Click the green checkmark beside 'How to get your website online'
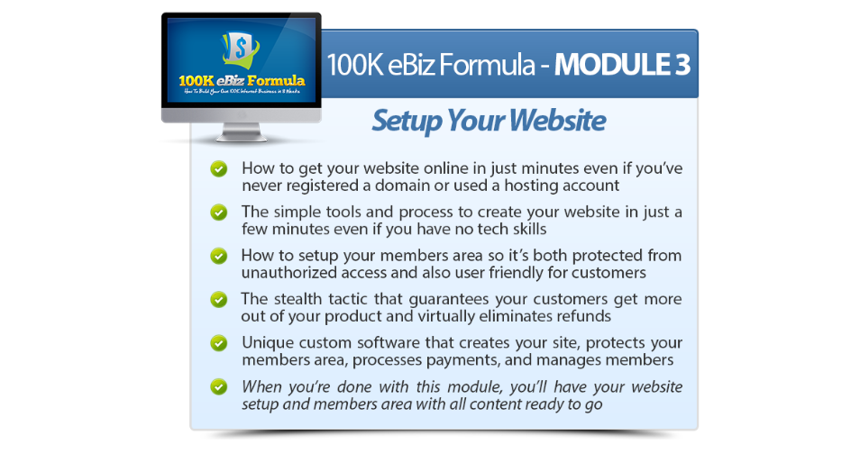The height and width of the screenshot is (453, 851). point(219,168)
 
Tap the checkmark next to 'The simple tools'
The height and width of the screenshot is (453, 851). point(219,213)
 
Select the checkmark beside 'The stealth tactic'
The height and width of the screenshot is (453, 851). point(219,299)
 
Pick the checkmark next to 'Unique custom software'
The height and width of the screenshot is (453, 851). point(219,343)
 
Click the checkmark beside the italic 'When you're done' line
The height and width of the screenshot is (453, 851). point(219,386)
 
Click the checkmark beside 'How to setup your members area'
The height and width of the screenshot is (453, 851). point(219,256)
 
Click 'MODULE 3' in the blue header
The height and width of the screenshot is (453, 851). point(622,65)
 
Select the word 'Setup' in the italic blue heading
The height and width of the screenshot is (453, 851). point(407,121)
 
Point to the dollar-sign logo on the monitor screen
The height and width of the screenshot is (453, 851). point(241,50)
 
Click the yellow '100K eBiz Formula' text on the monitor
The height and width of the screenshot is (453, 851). point(242,81)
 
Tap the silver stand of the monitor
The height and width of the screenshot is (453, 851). point(242,132)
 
